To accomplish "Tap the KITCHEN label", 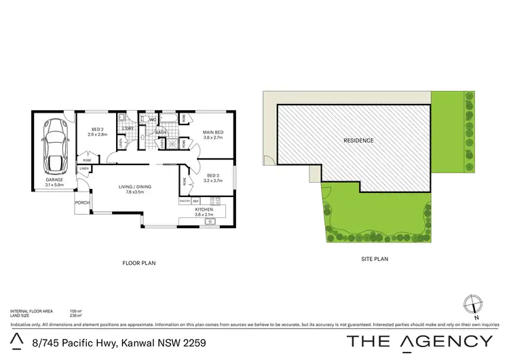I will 204,210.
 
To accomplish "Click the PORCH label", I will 82,202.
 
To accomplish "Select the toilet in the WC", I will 144,119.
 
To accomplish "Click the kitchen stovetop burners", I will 214,201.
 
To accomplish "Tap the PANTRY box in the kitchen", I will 184,201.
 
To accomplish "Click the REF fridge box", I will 195,201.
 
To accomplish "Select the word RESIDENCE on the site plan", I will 358,141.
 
